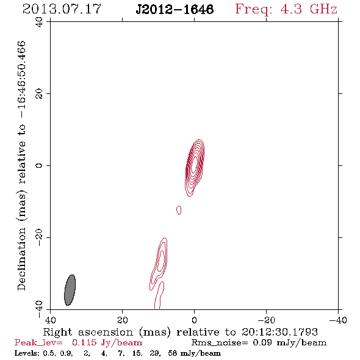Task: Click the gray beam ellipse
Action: (70, 290)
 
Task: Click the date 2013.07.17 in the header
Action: (62, 9)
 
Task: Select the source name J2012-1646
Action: (175, 9)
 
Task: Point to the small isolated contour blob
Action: (179, 210)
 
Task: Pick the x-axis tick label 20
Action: (122, 320)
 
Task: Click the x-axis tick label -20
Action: (266, 320)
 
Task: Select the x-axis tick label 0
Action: (194, 320)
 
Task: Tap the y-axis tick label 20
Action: (39, 94)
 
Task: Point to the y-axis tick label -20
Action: (39, 237)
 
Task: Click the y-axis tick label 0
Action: (39, 165)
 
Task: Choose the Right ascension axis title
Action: (180, 332)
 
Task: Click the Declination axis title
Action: (21, 165)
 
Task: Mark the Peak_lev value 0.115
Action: (84, 342)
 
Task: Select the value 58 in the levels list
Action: (173, 353)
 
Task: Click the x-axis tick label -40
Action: (338, 320)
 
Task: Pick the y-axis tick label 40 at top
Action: (39, 22)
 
